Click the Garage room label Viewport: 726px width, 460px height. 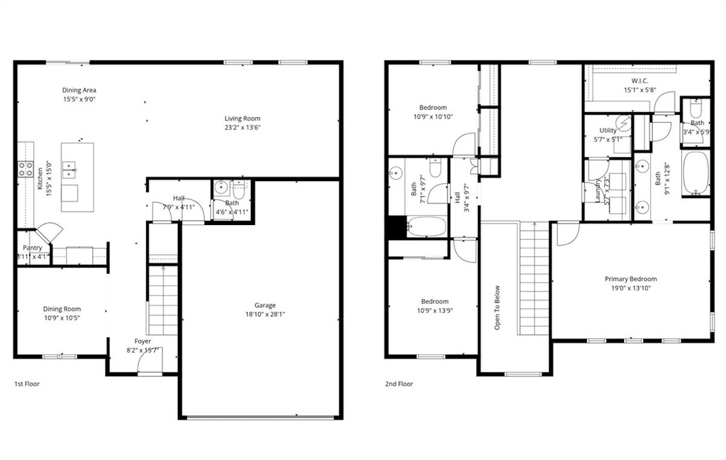[265, 305]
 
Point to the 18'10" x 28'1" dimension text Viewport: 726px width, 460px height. [265, 314]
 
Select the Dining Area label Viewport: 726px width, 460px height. [79, 90]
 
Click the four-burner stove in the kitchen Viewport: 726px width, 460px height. [26, 169]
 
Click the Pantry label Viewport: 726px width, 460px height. [32, 248]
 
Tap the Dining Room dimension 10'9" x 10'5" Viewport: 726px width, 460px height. [62, 317]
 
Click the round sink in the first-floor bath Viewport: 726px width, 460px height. [220, 189]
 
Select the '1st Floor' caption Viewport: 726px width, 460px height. [27, 384]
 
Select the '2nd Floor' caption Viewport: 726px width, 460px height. [399, 384]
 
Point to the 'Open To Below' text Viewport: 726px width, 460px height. [498, 307]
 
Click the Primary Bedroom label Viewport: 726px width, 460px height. [630, 279]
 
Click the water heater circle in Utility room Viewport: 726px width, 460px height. [622, 124]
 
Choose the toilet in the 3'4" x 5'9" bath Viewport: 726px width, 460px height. [696, 110]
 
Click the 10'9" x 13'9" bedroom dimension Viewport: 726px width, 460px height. [434, 310]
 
